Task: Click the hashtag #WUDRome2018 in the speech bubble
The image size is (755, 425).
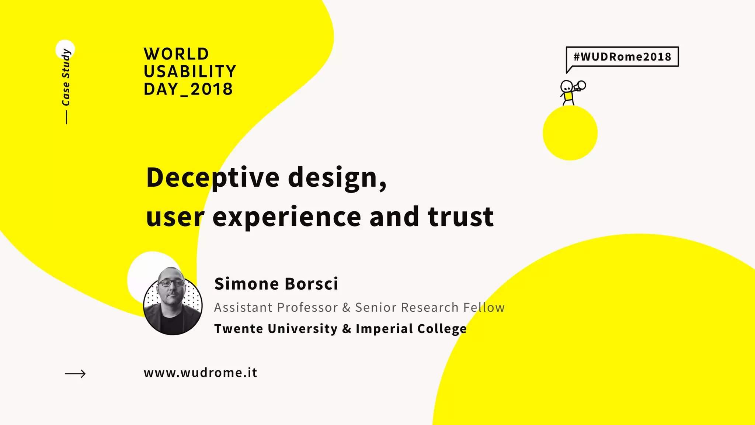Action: coord(622,57)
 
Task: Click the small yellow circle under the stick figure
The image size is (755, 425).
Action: coord(570,133)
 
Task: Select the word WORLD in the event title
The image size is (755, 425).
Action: coord(176,54)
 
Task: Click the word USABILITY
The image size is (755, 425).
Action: coord(190,72)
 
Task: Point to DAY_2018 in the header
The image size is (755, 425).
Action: coord(188,89)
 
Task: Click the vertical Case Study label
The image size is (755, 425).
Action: coord(66,77)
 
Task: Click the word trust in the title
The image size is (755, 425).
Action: coord(460,217)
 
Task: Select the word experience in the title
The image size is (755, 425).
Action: coord(287,217)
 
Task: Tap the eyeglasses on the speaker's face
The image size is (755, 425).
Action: coord(171,283)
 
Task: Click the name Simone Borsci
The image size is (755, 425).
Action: coord(276,284)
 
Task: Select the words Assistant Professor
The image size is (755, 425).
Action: coord(276,308)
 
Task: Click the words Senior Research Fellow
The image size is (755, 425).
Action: coord(430,308)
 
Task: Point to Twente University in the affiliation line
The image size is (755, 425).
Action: coord(276,329)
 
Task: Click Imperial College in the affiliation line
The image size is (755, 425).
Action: coord(411,329)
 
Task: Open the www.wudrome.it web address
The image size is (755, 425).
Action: coord(200,373)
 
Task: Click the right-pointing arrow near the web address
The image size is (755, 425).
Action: coord(75,374)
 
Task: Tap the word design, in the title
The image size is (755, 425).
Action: coord(337,178)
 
